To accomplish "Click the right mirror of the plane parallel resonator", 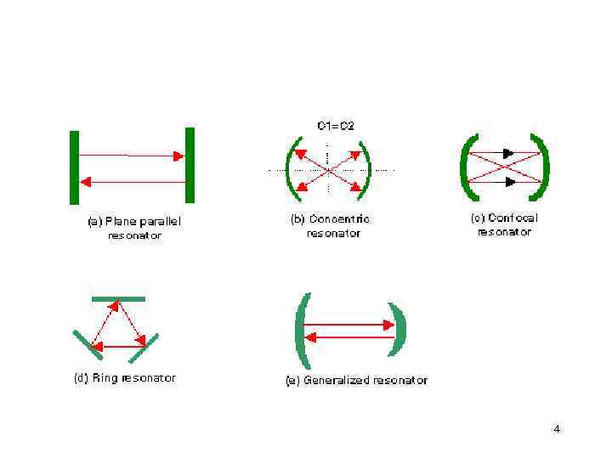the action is point(190,165).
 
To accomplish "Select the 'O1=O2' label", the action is point(336,126).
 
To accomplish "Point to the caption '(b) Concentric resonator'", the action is point(331,225).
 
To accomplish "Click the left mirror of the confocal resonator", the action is point(464,167).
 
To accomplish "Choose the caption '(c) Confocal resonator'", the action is point(504,224).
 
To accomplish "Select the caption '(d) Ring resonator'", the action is point(124,377).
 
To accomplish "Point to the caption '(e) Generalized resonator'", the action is point(356,380).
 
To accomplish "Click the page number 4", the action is point(557,428).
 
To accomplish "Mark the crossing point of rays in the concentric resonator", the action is point(330,170).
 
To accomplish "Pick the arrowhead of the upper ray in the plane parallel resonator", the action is point(178,156).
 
